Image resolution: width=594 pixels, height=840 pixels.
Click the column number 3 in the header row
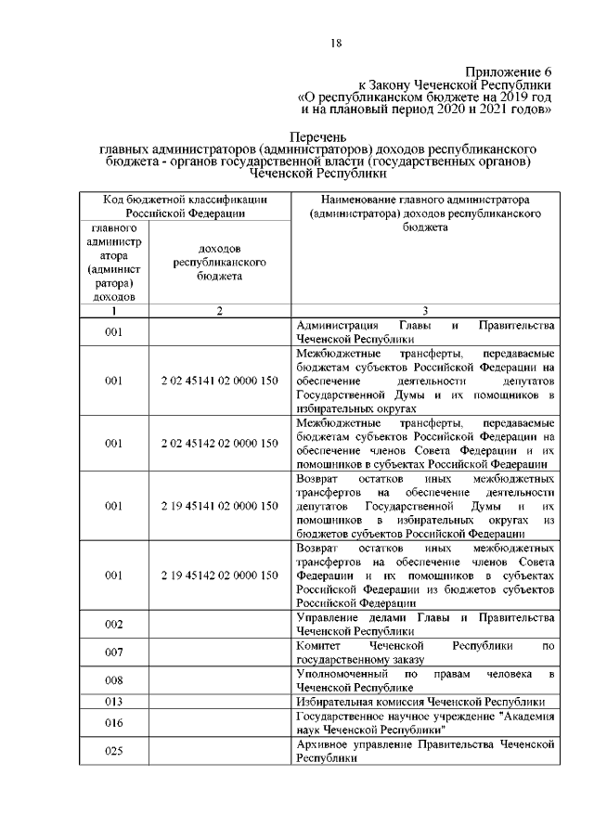pos(424,311)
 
